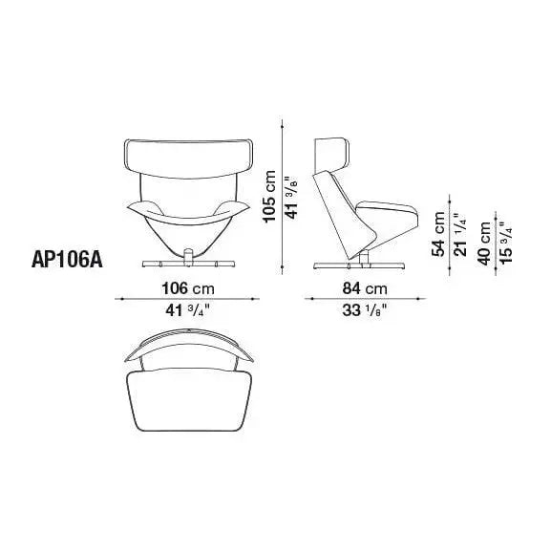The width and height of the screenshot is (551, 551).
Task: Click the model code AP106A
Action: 67,260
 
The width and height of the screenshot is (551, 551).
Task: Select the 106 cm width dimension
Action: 188,288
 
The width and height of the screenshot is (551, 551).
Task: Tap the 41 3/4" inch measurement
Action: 188,310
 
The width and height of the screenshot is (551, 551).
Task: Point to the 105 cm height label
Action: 270,197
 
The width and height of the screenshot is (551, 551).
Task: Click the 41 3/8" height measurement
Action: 292,198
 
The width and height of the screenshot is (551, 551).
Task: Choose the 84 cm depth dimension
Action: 365,288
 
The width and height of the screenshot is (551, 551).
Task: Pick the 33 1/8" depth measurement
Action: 365,310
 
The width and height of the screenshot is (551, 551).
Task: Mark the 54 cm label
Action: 438,234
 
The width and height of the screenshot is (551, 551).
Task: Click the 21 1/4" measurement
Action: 460,234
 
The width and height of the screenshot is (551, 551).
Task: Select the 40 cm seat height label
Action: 484,244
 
